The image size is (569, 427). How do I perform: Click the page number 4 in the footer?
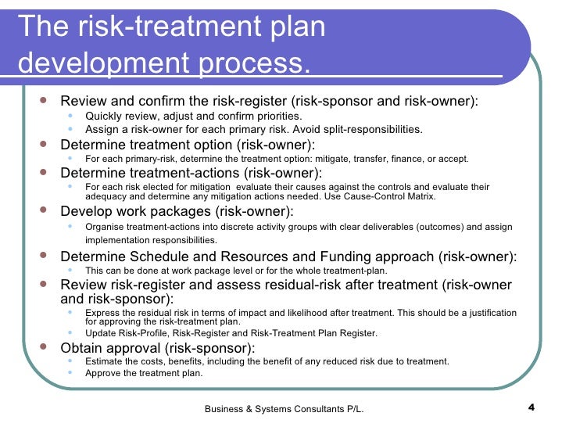click(x=532, y=407)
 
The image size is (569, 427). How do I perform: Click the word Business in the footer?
click(x=224, y=408)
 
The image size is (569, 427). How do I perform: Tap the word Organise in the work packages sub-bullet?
click(x=106, y=227)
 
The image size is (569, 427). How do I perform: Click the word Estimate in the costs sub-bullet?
click(x=106, y=361)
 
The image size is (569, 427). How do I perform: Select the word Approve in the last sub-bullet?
click(x=105, y=373)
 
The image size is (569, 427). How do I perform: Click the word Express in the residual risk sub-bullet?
click(x=105, y=313)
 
